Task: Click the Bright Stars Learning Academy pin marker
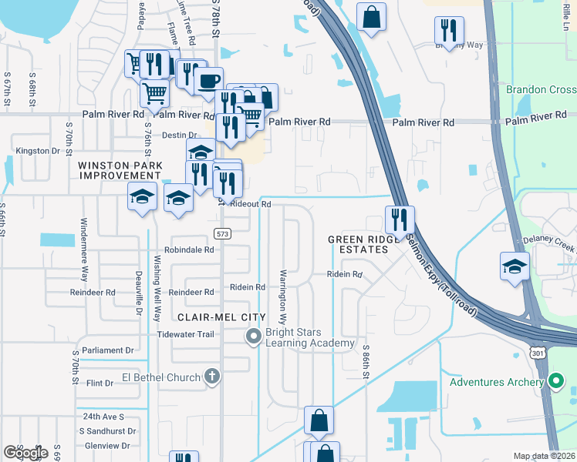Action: click(x=253, y=336)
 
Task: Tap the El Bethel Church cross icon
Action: click(x=212, y=377)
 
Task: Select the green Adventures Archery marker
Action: click(x=555, y=381)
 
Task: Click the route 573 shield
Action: click(x=221, y=233)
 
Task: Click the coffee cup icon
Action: click(x=209, y=81)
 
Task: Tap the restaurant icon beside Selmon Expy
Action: click(x=400, y=219)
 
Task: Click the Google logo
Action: click(x=25, y=453)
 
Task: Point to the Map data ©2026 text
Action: click(x=544, y=456)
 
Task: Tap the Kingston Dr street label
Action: click(x=38, y=151)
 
